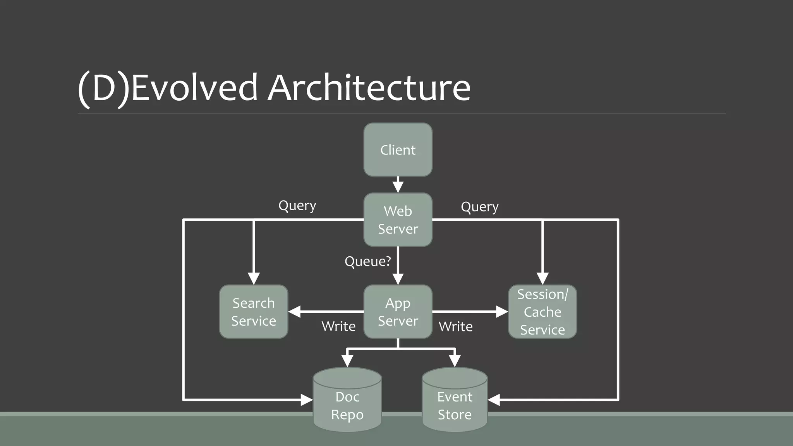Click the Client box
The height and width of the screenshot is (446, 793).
point(398,150)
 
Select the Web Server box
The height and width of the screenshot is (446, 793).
point(398,220)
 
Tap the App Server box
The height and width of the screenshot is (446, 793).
point(398,312)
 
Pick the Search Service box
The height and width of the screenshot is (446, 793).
point(254,312)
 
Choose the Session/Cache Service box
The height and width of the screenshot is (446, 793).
point(542,312)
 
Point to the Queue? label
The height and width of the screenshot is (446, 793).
point(367,261)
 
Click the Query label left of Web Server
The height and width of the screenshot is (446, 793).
point(297,206)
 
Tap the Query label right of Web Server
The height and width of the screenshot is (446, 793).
point(479,207)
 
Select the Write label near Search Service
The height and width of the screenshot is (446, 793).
point(338,326)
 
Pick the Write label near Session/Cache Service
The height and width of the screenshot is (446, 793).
point(455,326)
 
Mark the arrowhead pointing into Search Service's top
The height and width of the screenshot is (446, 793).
point(254,278)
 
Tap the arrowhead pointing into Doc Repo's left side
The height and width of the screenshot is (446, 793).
point(307,400)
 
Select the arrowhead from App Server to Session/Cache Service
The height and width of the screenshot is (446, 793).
point(502,312)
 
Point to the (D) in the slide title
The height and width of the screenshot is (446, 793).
point(103,88)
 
